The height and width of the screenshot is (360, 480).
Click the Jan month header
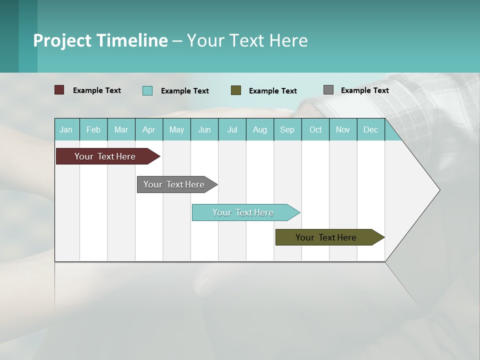(x=66, y=129)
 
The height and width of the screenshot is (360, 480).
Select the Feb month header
(x=93, y=129)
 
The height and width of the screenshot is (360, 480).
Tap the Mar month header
(x=121, y=129)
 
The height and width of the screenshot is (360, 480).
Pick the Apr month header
(x=148, y=129)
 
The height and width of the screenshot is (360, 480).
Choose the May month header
(x=176, y=129)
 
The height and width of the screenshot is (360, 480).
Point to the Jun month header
(x=204, y=129)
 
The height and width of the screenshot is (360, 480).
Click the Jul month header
(x=232, y=129)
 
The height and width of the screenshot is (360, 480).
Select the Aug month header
(x=259, y=129)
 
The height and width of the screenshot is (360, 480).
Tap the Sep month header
(x=287, y=129)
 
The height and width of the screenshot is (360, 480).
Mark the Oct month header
(x=315, y=129)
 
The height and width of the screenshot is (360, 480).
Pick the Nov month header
(x=343, y=129)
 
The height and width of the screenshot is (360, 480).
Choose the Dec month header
(x=370, y=129)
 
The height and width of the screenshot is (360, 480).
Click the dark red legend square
(x=59, y=90)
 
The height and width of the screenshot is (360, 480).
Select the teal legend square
(x=147, y=90)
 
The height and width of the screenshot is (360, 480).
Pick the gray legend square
(x=328, y=90)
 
